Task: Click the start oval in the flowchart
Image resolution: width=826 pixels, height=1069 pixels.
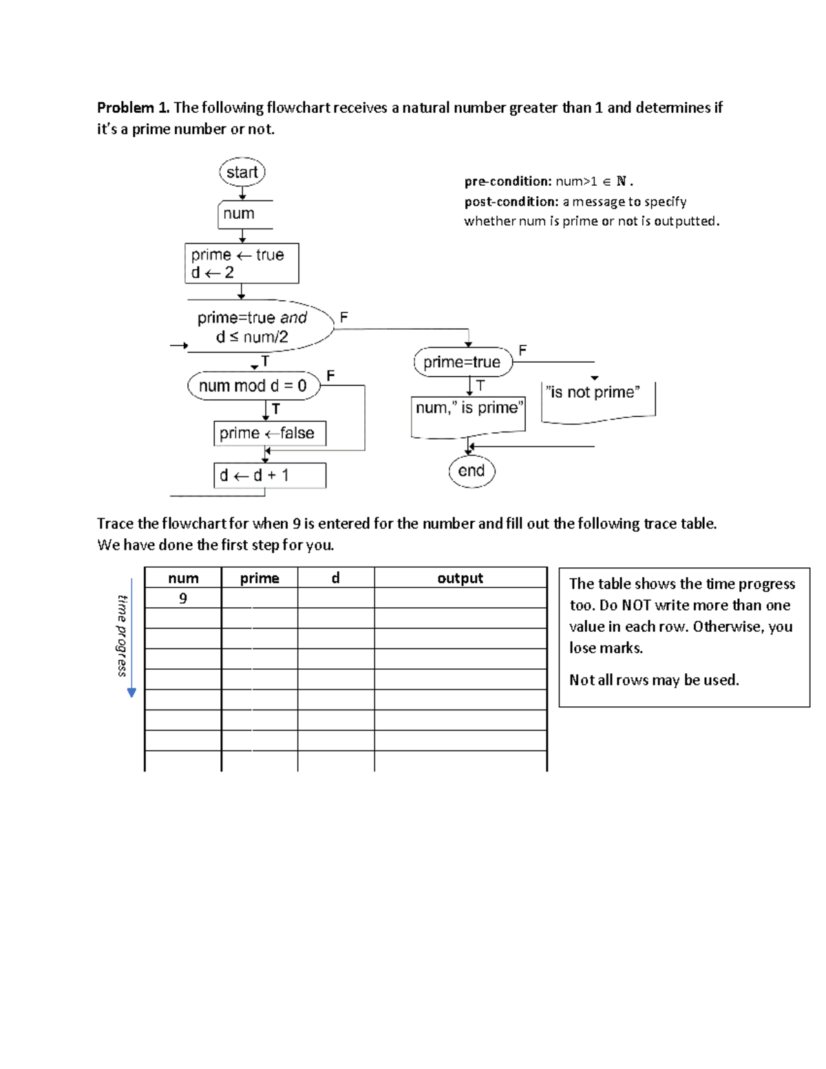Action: click(242, 172)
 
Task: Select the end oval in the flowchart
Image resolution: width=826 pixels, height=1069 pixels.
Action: click(472, 471)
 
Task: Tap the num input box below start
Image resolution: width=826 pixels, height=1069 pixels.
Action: click(244, 214)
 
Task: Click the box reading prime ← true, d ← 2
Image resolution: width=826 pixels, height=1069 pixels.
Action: click(242, 264)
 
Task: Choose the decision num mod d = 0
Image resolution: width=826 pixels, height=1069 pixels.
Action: click(253, 385)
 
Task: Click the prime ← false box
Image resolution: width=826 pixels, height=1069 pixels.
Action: click(269, 433)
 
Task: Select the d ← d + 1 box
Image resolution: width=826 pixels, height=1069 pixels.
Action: click(269, 475)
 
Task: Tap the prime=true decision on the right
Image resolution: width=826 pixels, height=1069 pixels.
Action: click(463, 362)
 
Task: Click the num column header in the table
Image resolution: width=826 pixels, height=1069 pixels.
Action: click(183, 578)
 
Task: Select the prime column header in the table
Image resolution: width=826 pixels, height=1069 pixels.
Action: click(260, 578)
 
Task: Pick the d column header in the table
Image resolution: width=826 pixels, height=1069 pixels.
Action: click(336, 578)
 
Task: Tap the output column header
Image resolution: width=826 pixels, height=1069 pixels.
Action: click(460, 578)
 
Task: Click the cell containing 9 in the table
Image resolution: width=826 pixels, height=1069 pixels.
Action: click(183, 598)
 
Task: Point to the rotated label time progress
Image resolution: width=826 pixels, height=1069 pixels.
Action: click(123, 635)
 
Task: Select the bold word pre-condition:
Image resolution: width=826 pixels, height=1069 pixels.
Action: click(508, 182)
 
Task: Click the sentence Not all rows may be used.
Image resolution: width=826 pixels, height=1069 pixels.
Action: click(654, 680)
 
